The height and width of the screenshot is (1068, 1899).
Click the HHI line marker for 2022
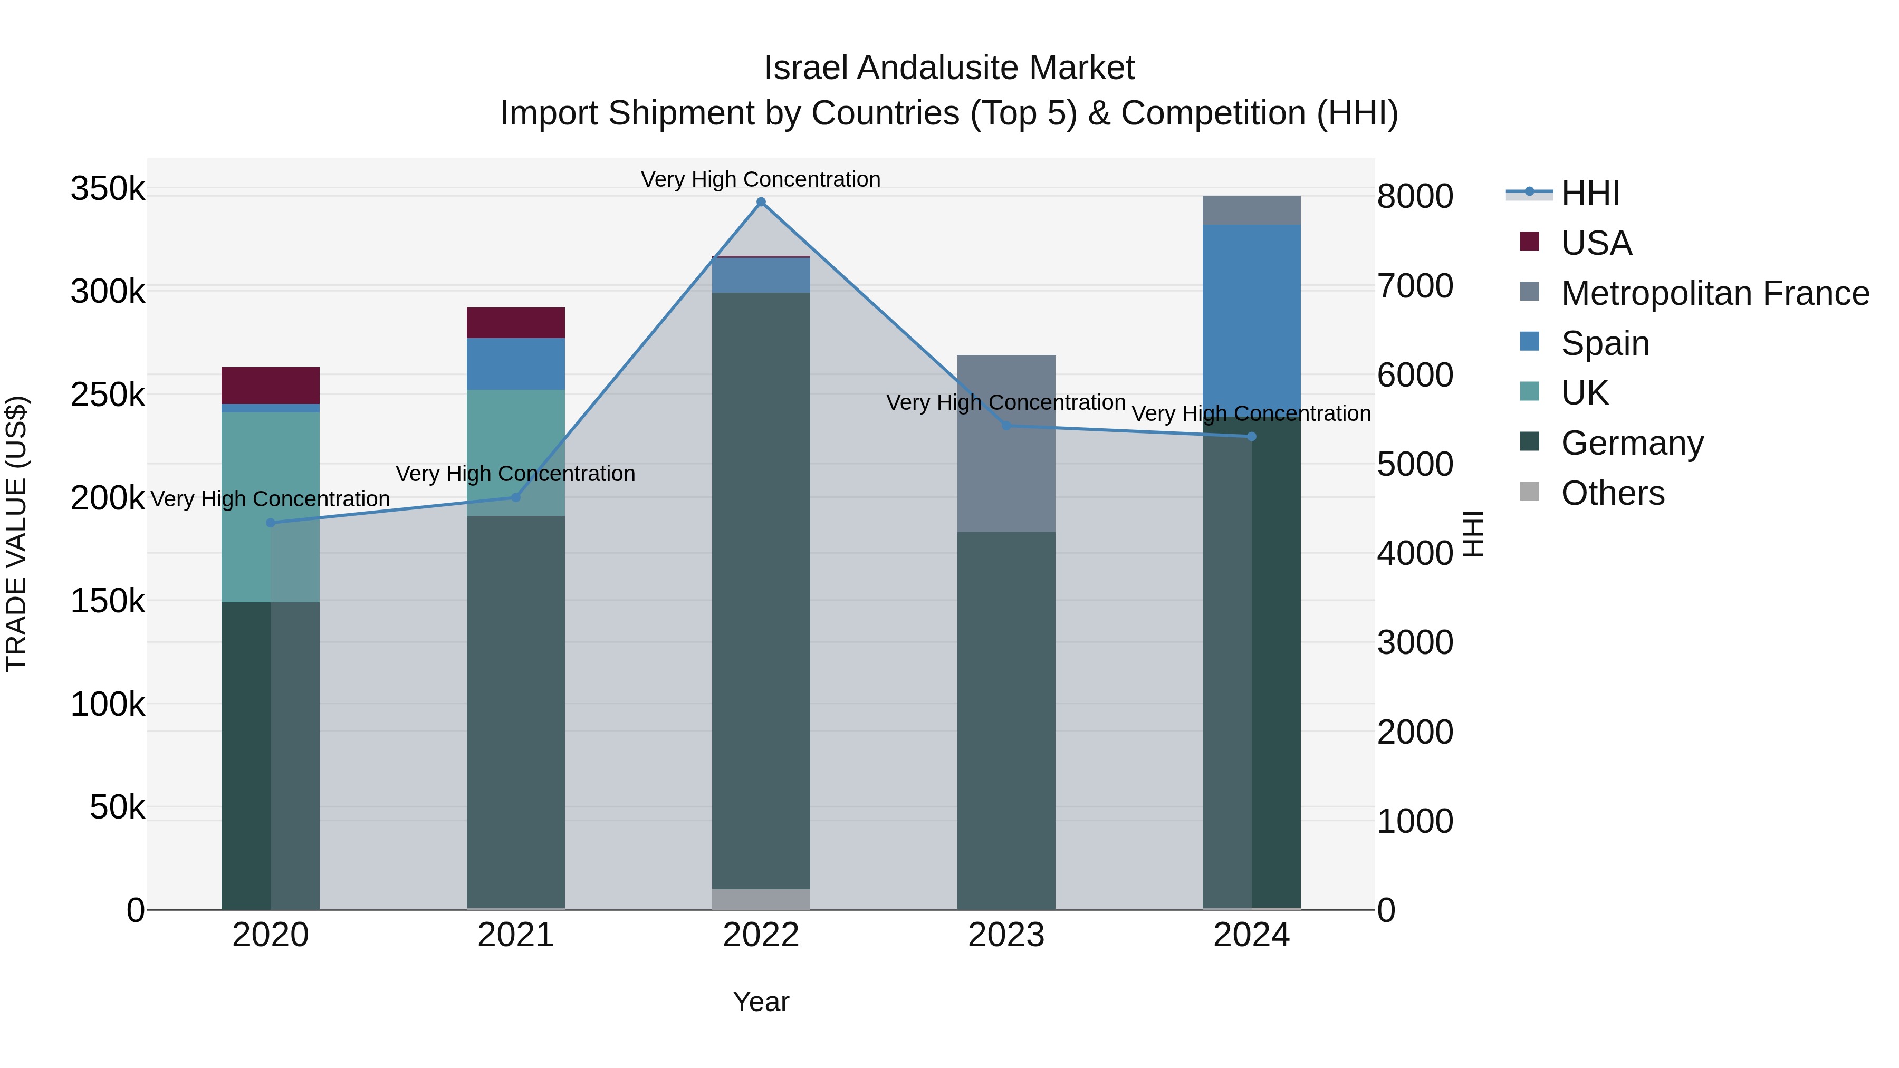pos(761,202)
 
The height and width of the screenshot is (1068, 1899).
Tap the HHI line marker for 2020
pos(271,523)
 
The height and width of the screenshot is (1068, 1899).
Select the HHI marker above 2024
pos(1251,436)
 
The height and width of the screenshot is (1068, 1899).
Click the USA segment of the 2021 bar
pos(515,323)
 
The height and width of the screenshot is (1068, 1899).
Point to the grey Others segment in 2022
pos(761,899)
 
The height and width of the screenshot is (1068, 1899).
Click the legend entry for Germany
pos(1632,443)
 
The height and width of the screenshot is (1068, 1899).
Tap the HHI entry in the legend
pos(1589,193)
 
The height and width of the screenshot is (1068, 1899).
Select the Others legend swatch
pos(1530,492)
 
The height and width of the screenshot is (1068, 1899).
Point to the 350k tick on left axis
pos(108,189)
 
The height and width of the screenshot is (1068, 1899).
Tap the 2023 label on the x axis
pos(1006,935)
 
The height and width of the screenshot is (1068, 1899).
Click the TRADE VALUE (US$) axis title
pos(16,534)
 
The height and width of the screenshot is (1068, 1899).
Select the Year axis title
pos(761,1002)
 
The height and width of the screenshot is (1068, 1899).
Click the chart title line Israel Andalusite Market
pos(949,68)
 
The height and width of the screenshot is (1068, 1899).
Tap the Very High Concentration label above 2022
pos(761,179)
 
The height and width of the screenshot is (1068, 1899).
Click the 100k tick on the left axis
pos(108,705)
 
